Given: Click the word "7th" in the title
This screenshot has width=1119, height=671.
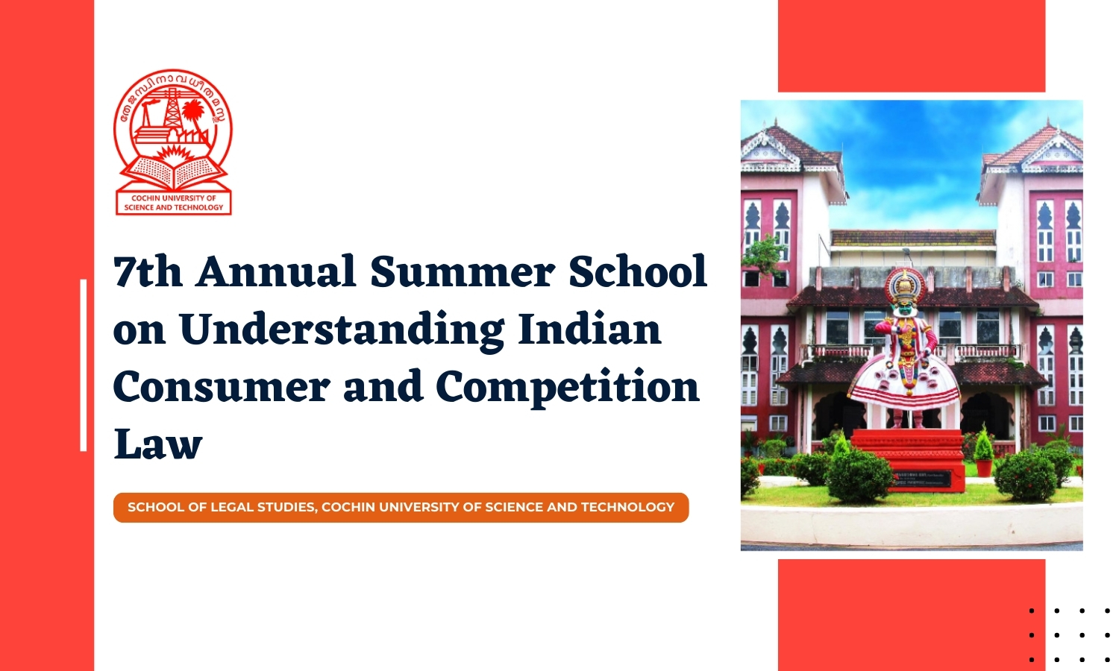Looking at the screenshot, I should tap(148, 271).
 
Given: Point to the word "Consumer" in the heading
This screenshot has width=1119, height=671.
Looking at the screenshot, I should tap(221, 387).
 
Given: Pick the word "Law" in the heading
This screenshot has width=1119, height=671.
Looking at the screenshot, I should tap(158, 444).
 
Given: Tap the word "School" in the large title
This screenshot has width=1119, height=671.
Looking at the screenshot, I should tap(638, 271).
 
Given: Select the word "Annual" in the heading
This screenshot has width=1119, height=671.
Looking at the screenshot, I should tap(276, 271).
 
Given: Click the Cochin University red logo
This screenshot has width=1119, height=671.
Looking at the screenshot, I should tap(173, 142).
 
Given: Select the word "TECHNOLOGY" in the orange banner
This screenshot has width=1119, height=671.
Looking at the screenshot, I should tap(627, 507).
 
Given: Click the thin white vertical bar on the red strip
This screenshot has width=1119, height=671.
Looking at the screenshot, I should tap(84, 365).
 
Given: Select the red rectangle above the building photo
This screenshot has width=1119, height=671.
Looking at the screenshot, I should tap(911, 45).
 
